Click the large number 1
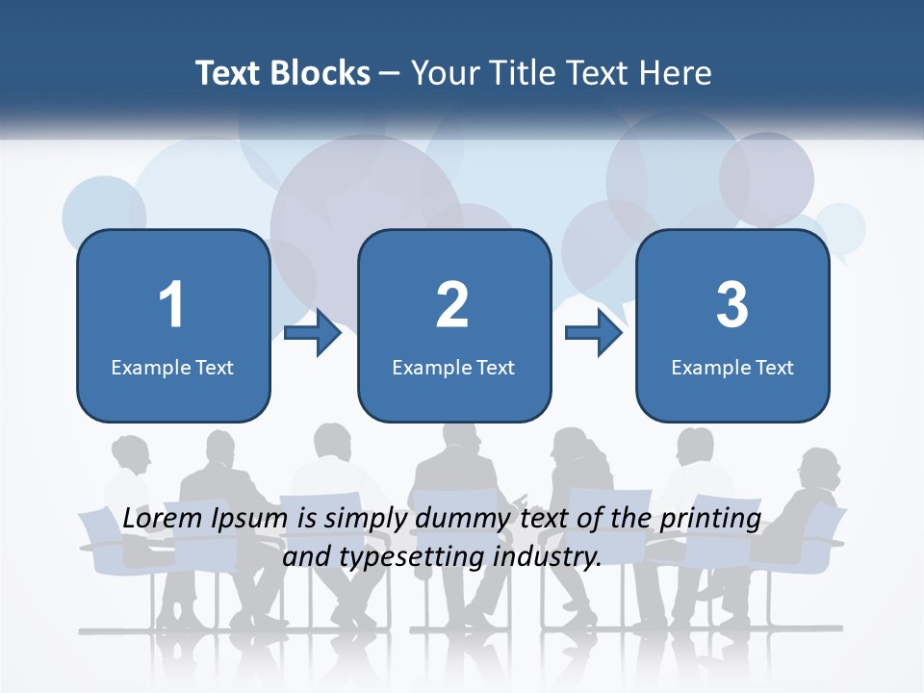pos(172,305)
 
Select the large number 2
pos(452,305)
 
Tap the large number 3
pos(732,305)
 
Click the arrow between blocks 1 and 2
pos(314,333)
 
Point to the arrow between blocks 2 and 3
pos(594,333)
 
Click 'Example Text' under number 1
pos(172,367)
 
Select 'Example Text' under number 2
pos(453,367)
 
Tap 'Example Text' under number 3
pos(732,367)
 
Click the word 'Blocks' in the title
pos(320,73)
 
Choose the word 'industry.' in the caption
pos(547,556)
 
